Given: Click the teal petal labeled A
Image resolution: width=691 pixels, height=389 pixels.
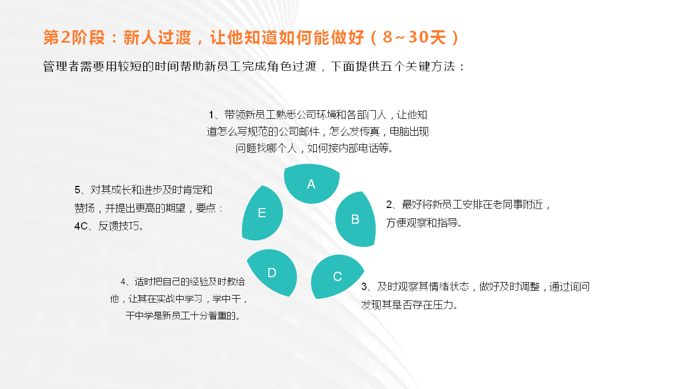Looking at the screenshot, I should pyautogui.click(x=311, y=184).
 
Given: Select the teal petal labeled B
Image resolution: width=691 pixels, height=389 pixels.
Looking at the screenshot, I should pyautogui.click(x=355, y=219).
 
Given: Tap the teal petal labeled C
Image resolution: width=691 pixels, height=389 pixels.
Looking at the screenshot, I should pyautogui.click(x=337, y=277).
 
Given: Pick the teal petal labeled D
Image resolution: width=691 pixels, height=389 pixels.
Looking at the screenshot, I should pyautogui.click(x=272, y=273).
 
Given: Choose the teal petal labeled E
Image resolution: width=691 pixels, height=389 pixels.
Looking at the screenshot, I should pyautogui.click(x=262, y=213).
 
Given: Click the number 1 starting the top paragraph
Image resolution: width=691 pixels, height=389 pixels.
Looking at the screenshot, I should pyautogui.click(x=212, y=115).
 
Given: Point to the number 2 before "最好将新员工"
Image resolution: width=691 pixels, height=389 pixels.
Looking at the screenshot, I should pyautogui.click(x=389, y=204).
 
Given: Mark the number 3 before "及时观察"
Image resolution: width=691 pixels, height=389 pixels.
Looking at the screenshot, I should pyautogui.click(x=364, y=286).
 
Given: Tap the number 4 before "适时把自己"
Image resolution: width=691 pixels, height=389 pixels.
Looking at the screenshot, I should pyautogui.click(x=123, y=281).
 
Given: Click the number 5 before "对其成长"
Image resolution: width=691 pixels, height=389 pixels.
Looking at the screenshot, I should pyautogui.click(x=77, y=190).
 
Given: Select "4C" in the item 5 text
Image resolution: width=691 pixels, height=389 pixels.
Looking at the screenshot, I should pyautogui.click(x=81, y=226).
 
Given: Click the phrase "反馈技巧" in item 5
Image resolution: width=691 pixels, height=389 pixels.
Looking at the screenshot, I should pyautogui.click(x=118, y=226).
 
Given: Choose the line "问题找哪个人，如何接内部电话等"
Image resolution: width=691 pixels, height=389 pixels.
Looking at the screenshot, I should pyautogui.click(x=315, y=148).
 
